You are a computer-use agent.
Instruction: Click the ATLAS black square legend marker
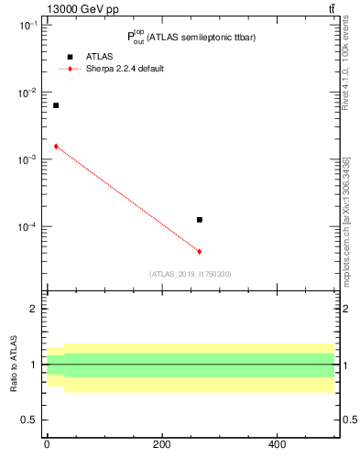(x=69, y=57)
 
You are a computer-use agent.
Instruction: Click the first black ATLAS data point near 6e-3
(x=56, y=105)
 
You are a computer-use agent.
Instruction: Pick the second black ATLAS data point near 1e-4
(x=199, y=220)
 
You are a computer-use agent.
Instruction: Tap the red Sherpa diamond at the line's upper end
(x=56, y=146)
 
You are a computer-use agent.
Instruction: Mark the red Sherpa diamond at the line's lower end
(x=199, y=251)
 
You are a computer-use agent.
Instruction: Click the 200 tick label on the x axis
(x=161, y=444)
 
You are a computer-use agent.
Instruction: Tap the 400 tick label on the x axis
(x=277, y=444)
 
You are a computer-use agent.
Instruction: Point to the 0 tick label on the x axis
(x=47, y=444)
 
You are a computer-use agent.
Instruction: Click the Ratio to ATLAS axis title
(x=14, y=364)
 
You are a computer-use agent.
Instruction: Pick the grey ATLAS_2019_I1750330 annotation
(x=191, y=274)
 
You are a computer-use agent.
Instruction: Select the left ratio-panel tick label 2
(x=33, y=309)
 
